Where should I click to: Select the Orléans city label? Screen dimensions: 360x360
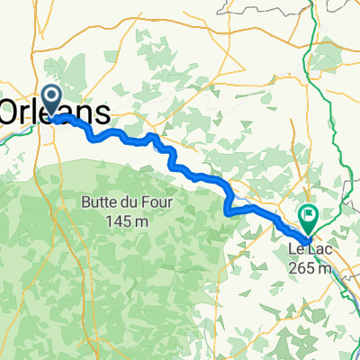click(x=56, y=112)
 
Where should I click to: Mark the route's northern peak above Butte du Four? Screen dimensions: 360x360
click(x=155, y=136)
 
